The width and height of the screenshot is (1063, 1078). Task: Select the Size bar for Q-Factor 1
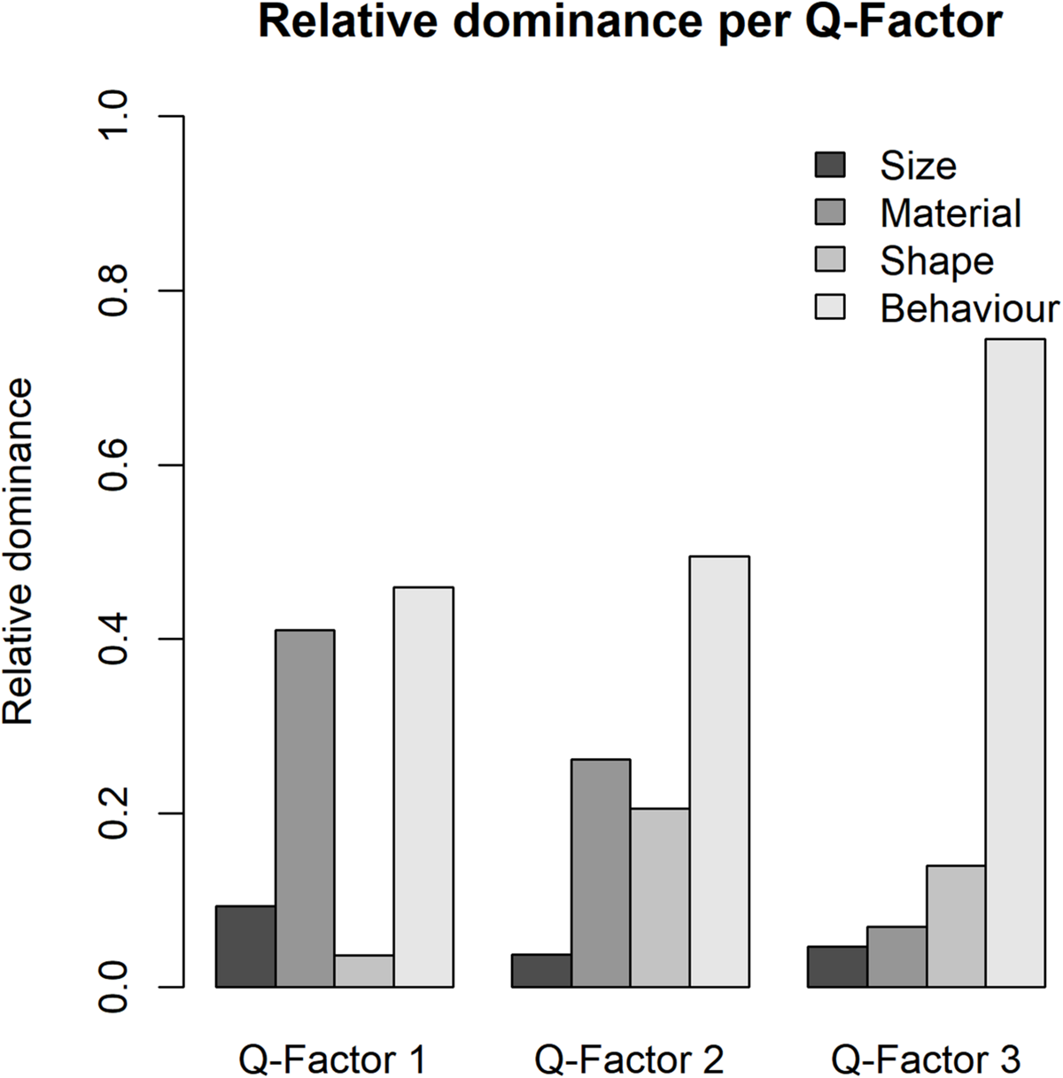point(245,946)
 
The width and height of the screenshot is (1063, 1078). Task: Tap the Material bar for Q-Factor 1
point(305,808)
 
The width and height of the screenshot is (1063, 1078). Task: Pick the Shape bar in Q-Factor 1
point(364,971)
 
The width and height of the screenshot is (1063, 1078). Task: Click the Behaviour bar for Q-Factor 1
point(423,787)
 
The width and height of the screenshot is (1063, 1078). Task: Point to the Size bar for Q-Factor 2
point(541,970)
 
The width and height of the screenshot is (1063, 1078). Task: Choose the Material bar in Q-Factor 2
point(601,872)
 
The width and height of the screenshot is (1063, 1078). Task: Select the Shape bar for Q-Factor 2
point(660,897)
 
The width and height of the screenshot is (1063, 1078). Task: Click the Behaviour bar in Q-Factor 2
point(719,772)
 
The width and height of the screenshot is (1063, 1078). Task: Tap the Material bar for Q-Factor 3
point(896,957)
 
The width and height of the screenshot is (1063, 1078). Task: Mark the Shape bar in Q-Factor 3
point(956,926)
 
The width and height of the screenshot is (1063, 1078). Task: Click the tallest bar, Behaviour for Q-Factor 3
point(1015,663)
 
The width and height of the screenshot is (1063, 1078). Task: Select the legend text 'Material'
point(950,213)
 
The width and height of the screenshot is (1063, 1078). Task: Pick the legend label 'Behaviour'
point(969,309)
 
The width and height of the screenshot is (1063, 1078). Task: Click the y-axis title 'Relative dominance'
point(19,552)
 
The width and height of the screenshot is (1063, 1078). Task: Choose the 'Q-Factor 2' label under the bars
point(629,1059)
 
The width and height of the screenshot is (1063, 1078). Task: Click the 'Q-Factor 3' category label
point(926,1059)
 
